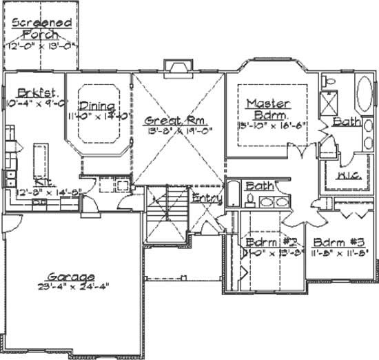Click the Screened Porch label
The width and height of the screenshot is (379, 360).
coord(41,28)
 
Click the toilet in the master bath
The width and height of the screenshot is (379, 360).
coord(329,81)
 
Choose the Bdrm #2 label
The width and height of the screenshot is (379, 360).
coord(265,243)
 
